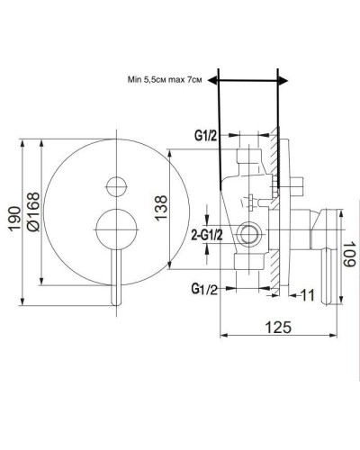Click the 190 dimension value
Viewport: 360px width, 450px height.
click(15, 219)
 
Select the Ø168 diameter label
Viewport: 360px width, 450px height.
click(32, 211)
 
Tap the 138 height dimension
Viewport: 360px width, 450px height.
click(161, 208)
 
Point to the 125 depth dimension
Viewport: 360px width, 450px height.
click(278, 327)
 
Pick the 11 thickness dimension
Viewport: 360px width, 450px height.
click(307, 295)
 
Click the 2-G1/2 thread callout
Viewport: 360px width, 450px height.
click(207, 235)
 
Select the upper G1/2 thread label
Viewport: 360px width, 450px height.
click(205, 136)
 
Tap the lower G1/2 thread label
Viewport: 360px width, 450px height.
click(204, 289)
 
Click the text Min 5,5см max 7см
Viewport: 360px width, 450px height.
click(165, 80)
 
